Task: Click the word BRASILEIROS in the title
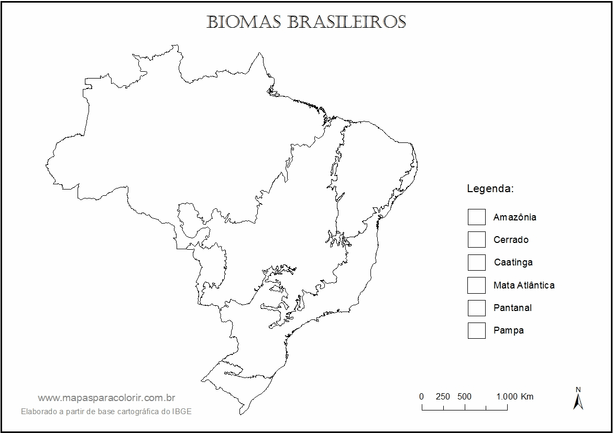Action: [346, 22]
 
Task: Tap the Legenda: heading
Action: [490, 188]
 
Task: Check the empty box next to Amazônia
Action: [476, 217]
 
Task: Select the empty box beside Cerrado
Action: [476, 239]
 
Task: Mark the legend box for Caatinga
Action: [476, 262]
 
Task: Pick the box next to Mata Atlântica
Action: [476, 285]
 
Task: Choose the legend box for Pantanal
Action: [476, 307]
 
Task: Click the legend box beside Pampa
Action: [476, 330]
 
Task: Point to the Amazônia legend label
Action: [515, 217]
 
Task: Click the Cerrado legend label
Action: [511, 240]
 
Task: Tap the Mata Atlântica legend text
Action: [523, 285]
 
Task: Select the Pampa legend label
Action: [508, 331]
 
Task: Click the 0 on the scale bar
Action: [421, 396]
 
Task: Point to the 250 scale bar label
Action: [443, 396]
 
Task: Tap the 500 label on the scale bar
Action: [464, 396]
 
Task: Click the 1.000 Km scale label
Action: [515, 396]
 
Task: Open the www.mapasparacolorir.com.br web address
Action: [106, 398]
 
